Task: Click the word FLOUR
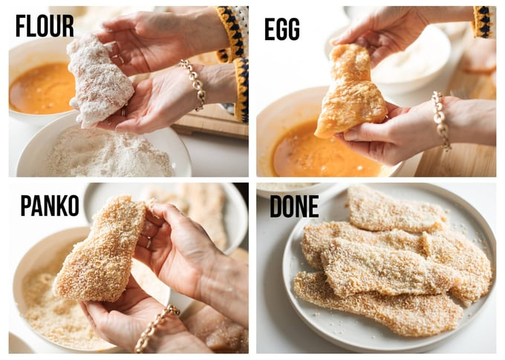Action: pos(45,26)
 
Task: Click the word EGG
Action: pos(281,29)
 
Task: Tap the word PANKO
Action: pos(50,206)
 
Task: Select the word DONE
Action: pos(294,206)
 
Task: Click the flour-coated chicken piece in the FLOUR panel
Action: pos(99,80)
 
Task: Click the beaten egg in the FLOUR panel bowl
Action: pos(42,88)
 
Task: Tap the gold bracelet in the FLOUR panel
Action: pos(195,83)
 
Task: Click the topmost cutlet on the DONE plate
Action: pos(396,209)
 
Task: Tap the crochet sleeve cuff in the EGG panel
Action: pos(483,22)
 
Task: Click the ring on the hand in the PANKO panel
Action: pos(148,242)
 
